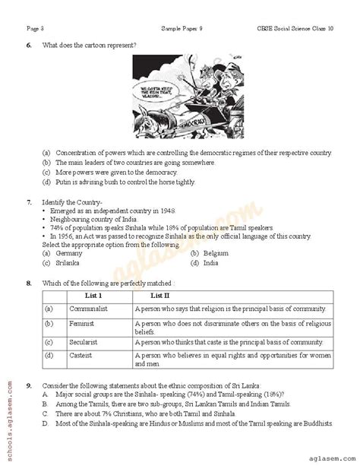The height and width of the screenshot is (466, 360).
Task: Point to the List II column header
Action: [160, 295]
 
